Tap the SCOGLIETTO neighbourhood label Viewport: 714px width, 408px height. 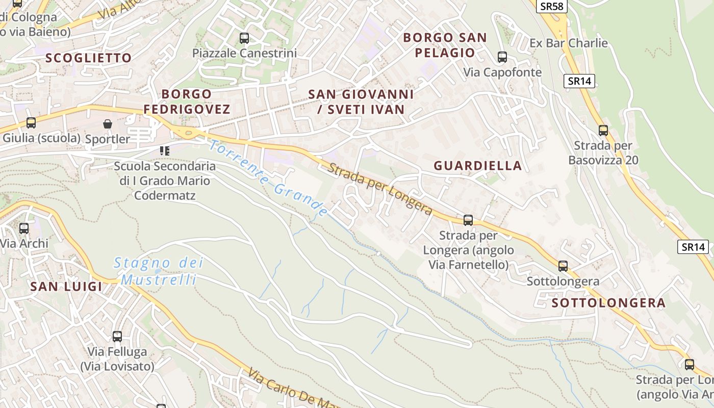(x=89, y=58)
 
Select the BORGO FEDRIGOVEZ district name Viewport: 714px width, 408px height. (x=187, y=101)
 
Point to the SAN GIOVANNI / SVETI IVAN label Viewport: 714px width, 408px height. (x=361, y=101)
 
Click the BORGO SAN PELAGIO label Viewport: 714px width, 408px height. (x=445, y=45)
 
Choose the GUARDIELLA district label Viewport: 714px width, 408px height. (x=478, y=165)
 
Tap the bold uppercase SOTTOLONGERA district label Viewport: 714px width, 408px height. (x=608, y=303)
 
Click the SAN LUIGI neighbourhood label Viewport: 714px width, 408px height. (x=66, y=286)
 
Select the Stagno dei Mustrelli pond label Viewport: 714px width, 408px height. (x=158, y=271)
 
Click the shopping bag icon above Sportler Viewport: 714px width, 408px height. (x=108, y=124)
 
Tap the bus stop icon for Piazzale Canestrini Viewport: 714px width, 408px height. (x=244, y=38)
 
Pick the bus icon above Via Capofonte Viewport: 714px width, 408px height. (x=502, y=57)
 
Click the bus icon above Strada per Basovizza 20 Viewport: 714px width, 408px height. (x=603, y=131)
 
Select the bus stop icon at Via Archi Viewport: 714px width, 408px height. (x=24, y=228)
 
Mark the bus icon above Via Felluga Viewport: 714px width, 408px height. (x=117, y=337)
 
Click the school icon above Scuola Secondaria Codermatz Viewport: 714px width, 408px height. (x=164, y=150)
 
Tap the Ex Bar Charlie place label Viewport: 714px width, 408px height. (x=569, y=43)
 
